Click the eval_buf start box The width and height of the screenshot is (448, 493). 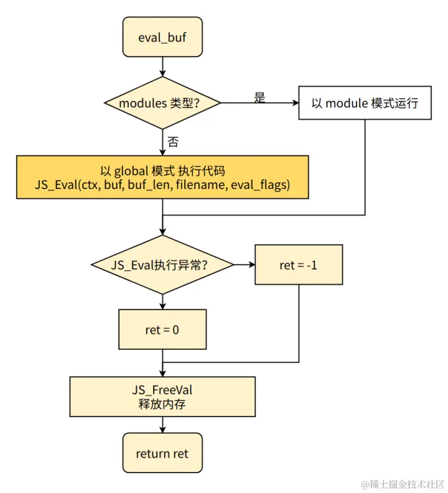[x=162, y=37]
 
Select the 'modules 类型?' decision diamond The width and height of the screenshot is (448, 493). [x=162, y=103]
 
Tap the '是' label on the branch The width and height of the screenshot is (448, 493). [x=259, y=98]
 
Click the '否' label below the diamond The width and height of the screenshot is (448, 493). [x=173, y=142]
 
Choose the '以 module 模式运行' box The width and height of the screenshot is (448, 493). [x=364, y=103]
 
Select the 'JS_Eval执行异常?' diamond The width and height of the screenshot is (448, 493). [x=162, y=265]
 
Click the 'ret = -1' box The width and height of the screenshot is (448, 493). [x=299, y=265]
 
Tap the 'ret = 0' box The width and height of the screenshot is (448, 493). [x=162, y=329]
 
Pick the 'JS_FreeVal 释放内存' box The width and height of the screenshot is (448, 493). [x=162, y=397]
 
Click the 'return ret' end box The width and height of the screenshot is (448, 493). [x=162, y=454]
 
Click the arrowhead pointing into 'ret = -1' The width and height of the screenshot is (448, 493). [x=251, y=265]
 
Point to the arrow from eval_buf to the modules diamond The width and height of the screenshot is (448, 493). [x=162, y=66]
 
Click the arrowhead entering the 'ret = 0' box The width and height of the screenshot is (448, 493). [x=162, y=306]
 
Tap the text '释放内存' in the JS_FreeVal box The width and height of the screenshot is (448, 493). [x=162, y=404]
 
